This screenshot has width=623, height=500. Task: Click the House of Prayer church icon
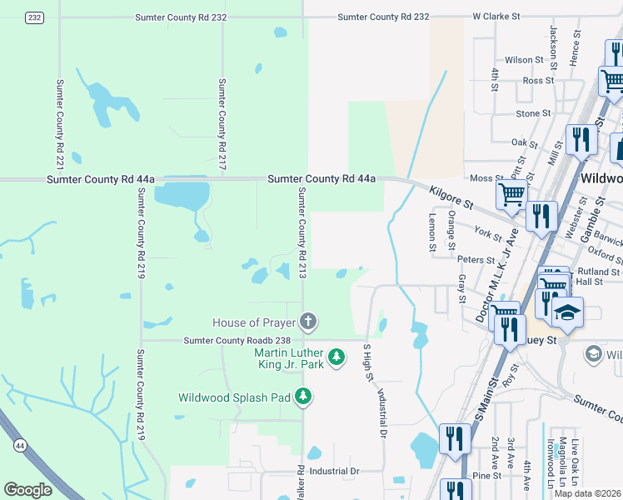pyautogui.click(x=308, y=322)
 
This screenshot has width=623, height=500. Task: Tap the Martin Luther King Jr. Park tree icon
pyautogui.click(x=336, y=357)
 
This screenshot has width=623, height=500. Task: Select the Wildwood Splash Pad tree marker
pyautogui.click(x=304, y=397)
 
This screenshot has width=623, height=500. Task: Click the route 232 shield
pyautogui.click(x=34, y=17)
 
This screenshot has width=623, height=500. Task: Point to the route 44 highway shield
pyautogui.click(x=19, y=447)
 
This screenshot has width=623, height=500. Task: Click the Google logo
pyautogui.click(x=28, y=489)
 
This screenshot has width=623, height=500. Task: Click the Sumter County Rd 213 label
pyautogui.click(x=303, y=232)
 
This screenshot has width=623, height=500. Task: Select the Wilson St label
pyautogui.click(x=524, y=60)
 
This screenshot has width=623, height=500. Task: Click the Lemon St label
pyautogui.click(x=432, y=231)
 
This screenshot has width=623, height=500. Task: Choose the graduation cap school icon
pyautogui.click(x=569, y=312)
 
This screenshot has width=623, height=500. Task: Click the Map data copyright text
pyautogui.click(x=588, y=493)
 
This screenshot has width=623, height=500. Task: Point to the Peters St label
pyautogui.click(x=476, y=260)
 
